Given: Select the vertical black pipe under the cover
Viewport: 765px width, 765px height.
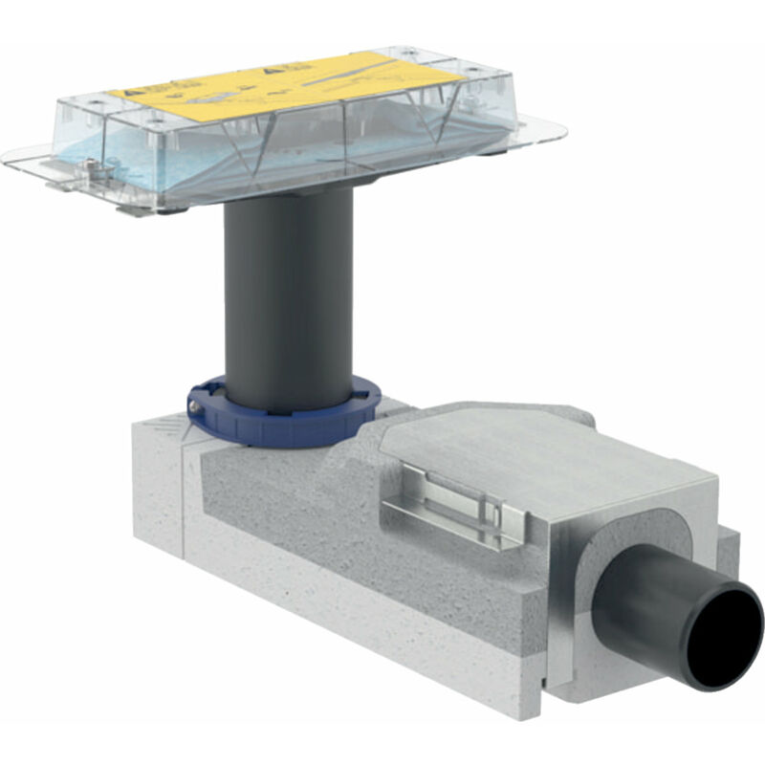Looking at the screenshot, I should click(288, 296).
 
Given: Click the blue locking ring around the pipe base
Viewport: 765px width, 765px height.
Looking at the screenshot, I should click(287, 421).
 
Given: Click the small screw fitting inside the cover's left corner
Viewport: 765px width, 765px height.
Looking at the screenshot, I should click(88, 167).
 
